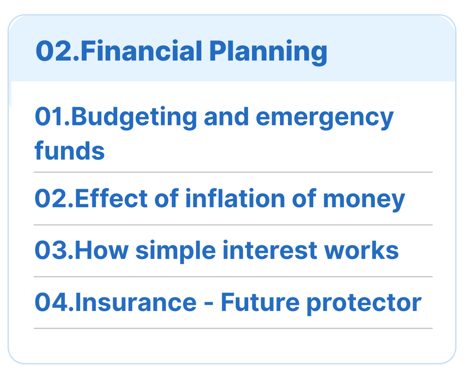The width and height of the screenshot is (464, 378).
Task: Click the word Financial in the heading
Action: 142,51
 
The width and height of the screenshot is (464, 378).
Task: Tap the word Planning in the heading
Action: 268,53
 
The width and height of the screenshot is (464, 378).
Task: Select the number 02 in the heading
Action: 54,51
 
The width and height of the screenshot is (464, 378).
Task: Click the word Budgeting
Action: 134,118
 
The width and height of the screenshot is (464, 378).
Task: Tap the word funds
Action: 70,150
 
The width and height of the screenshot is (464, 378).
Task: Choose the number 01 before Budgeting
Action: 50,117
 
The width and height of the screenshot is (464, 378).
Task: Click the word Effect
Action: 111,199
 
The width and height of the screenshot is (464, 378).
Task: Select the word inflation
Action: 235,199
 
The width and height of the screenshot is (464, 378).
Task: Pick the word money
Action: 364,200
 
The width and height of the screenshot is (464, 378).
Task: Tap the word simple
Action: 176,252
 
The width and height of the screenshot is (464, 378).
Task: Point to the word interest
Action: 270,250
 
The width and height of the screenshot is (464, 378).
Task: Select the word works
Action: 361,250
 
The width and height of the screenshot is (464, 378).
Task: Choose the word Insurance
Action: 136,302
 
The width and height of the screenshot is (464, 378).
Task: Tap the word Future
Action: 260,302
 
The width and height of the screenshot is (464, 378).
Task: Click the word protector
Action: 364,304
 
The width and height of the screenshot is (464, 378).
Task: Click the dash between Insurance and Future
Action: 209,304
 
